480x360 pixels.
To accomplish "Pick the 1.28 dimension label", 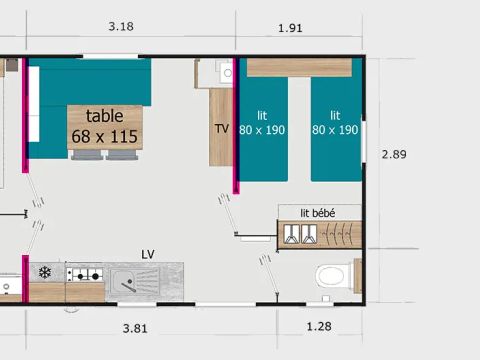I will pyautogui.click(x=320, y=327).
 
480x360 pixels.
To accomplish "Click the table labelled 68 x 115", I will pyautogui.click(x=105, y=127).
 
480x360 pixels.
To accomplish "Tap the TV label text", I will pyautogui.click(x=221, y=129).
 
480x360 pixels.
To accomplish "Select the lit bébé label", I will pyautogui.click(x=317, y=211).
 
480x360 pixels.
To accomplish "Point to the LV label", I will pyautogui.click(x=148, y=254).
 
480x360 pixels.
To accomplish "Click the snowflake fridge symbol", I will pyautogui.click(x=44, y=272).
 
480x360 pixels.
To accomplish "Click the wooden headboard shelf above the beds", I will pyautogui.click(x=299, y=67).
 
